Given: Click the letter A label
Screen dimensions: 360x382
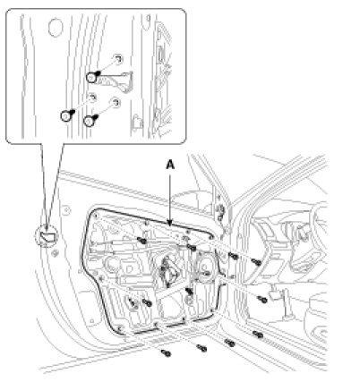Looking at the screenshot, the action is [x=170, y=165].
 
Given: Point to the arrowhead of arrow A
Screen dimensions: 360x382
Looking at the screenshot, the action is [x=170, y=223].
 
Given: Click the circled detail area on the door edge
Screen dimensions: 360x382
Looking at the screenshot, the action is [x=47, y=236].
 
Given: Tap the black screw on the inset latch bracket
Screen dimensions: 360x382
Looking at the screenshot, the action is [x=92, y=77].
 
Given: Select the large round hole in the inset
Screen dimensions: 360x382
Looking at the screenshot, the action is [x=56, y=28].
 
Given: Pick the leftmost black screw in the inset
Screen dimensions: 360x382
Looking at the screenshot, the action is [x=67, y=115].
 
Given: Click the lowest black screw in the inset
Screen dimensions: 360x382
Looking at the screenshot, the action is [x=90, y=121].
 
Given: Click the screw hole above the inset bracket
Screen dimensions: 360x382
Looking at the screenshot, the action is [x=118, y=59].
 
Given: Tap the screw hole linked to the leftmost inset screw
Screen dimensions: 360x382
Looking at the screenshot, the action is [x=92, y=98].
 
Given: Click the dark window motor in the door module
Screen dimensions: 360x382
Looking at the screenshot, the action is [x=169, y=270].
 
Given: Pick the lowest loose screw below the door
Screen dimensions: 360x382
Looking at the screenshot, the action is [x=166, y=353].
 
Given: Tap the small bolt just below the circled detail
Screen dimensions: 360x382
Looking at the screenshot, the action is [x=55, y=254].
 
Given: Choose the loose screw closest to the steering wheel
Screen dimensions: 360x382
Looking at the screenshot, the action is [x=256, y=262].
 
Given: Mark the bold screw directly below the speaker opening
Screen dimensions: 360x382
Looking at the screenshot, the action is [x=189, y=290].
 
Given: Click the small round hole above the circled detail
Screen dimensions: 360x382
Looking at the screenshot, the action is [x=65, y=210].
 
